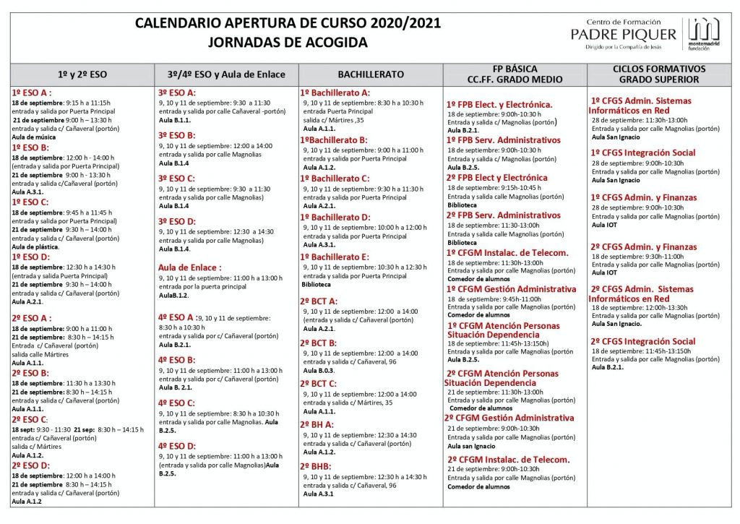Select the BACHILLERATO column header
[370, 74]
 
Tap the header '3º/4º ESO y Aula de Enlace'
[226, 74]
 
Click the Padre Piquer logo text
[623, 33]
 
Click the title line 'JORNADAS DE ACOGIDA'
[287, 42]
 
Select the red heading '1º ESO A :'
[32, 93]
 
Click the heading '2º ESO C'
[30, 419]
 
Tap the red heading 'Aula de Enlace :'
[189, 267]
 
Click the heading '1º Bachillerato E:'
[335, 257]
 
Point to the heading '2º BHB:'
[316, 466]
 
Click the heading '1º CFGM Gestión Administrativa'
[512, 289]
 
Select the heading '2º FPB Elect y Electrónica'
[497, 177]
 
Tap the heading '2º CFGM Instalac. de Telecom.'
[508, 459]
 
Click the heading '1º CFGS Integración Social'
[643, 153]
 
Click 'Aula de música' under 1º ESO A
[34, 137]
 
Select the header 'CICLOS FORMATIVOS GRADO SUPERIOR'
[658, 74]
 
